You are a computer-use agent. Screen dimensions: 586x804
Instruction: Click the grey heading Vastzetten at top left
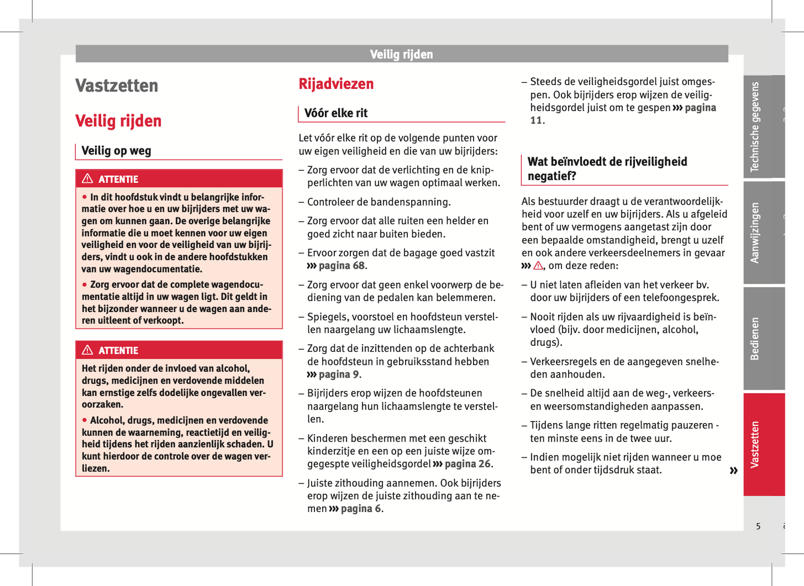117,86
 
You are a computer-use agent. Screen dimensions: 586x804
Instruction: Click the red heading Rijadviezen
336,84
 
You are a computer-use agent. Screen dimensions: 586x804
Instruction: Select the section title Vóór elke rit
336,113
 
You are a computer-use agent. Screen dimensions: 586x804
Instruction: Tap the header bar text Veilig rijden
401,54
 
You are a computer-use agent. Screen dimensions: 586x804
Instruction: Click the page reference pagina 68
342,266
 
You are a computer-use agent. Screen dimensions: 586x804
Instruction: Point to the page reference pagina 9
338,375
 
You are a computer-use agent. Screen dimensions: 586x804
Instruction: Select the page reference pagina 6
361,509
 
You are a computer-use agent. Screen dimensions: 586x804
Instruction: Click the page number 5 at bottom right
758,526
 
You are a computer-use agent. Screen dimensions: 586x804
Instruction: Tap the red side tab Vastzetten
755,444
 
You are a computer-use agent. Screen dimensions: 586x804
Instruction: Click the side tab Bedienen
755,339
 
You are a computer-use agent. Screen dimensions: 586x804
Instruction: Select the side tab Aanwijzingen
755,232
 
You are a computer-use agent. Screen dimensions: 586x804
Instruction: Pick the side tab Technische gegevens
755,127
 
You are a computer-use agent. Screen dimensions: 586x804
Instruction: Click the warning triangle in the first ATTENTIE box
87,178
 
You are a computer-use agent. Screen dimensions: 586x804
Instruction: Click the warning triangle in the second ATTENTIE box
87,350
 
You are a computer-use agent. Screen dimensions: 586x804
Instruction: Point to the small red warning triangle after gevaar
538,266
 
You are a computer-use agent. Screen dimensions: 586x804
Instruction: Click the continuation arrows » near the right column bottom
733,471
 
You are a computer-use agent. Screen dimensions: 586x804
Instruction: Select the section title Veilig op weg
116,151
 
